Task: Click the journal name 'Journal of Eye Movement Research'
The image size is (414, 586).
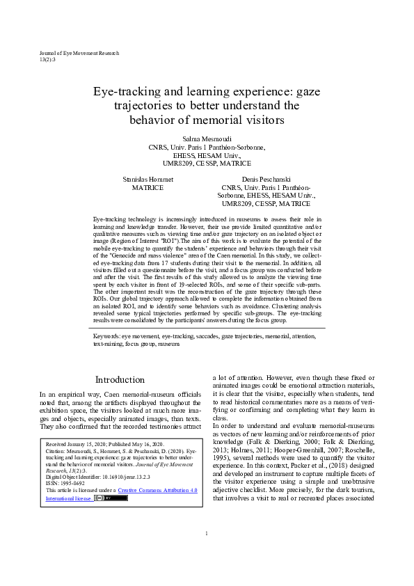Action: tap(79, 53)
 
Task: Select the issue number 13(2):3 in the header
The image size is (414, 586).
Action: tap(47, 60)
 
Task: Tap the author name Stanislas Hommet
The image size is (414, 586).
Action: tap(148, 179)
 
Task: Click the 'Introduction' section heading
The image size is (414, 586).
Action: tap(120, 380)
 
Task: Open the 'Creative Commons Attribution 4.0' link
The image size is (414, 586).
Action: tap(157, 490)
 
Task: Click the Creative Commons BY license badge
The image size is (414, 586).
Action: tap(111, 498)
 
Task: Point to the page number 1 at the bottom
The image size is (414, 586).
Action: tap(207, 553)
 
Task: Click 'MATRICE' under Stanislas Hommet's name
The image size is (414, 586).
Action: tap(148, 188)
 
